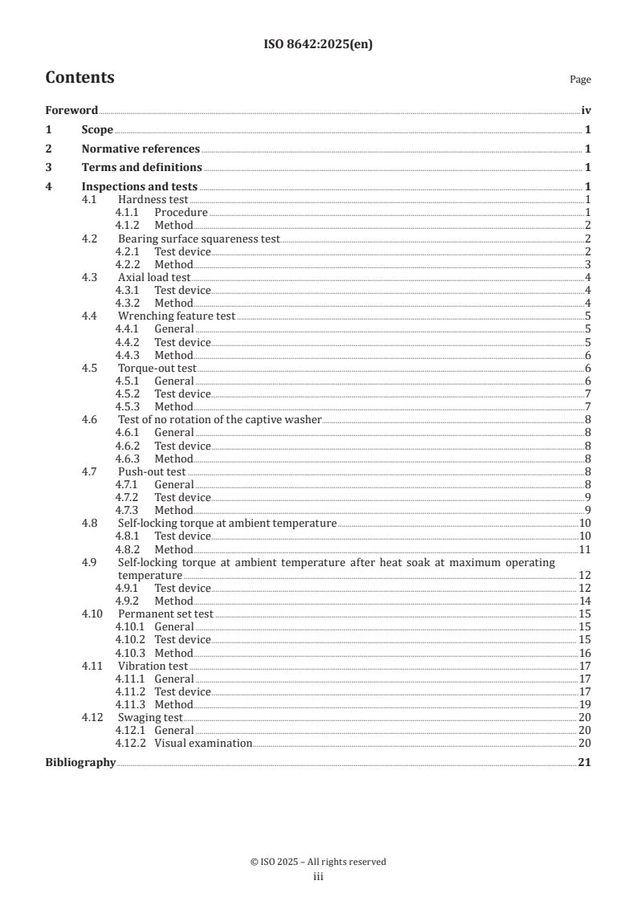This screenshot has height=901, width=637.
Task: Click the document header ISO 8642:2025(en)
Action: (318, 45)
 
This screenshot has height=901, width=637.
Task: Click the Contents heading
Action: (80, 78)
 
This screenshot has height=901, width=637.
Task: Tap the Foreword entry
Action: (71, 111)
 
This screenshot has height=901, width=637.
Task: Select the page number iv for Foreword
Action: (586, 111)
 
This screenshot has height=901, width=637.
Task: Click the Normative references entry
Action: (141, 149)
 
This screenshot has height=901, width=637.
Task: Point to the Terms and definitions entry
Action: (141, 167)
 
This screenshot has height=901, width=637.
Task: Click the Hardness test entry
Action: (153, 199)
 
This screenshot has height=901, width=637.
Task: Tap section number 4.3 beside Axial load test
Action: (90, 277)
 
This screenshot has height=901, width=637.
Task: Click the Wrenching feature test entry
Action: (177, 316)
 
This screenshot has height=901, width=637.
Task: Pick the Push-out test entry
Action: (152, 471)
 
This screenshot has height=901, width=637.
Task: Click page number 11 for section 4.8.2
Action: (585, 549)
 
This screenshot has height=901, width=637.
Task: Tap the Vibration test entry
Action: (153, 666)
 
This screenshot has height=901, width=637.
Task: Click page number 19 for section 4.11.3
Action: (585, 704)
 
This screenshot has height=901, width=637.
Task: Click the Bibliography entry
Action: (80, 762)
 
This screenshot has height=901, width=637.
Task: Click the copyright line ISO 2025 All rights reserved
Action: (318, 862)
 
